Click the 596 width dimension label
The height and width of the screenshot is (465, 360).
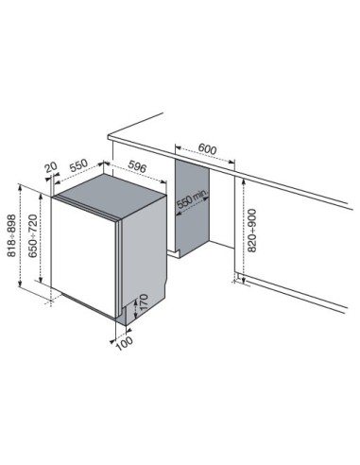138,166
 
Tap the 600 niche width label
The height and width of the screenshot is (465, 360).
207,148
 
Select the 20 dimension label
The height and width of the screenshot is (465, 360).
51,167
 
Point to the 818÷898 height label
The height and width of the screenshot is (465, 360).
11,235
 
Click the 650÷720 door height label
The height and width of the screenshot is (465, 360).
33,236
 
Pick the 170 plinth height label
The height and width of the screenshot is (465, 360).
144,302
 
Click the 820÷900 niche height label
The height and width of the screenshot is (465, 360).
252,231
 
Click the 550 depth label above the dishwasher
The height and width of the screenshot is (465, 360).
78,165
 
